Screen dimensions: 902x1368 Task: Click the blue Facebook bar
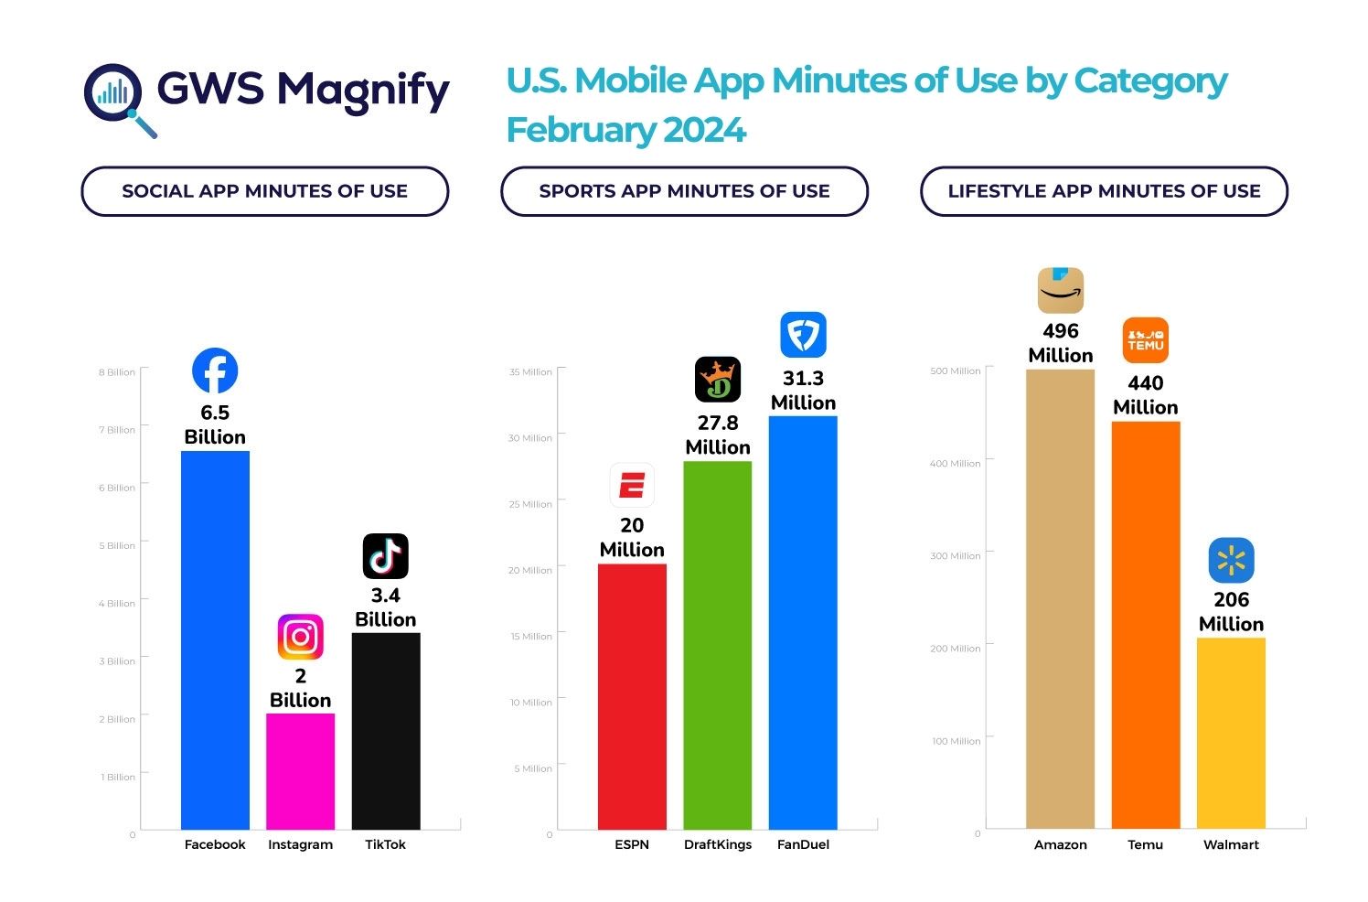215,640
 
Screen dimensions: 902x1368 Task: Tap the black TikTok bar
386,731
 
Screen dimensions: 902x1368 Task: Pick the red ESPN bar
632,696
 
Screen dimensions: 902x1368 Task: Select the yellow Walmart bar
1231,733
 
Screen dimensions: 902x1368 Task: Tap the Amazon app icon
1061,291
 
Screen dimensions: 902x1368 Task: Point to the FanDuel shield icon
803,335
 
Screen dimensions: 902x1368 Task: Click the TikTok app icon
386,556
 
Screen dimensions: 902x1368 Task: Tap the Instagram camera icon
300,637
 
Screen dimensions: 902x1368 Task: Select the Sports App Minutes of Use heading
684,191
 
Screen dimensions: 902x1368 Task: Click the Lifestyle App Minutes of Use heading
1104,191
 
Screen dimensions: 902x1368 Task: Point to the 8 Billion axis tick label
117,372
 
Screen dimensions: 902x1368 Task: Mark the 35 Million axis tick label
530,372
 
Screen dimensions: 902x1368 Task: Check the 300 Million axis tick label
955,556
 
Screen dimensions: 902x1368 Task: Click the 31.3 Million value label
803,391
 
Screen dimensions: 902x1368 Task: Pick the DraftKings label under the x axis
718,844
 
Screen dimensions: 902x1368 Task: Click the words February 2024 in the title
626,130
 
